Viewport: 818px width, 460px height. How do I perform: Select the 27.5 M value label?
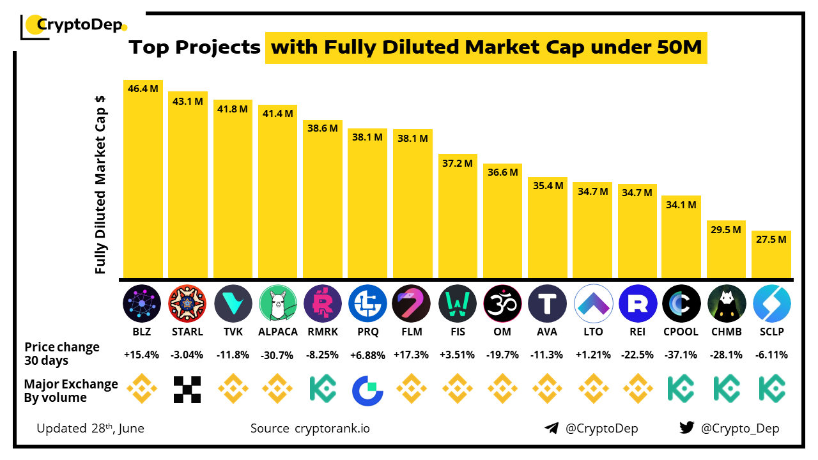(x=771, y=239)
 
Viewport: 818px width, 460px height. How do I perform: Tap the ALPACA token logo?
(x=278, y=303)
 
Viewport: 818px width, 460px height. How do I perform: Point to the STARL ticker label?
(x=188, y=332)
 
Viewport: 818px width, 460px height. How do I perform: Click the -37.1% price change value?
(x=681, y=355)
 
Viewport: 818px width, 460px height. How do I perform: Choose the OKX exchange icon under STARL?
(x=188, y=389)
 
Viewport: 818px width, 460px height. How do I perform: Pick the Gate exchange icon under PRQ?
(x=368, y=389)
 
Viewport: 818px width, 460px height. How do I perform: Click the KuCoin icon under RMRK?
(x=323, y=389)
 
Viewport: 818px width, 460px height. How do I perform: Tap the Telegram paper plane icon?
(x=552, y=428)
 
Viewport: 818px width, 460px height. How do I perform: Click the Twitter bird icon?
(x=687, y=428)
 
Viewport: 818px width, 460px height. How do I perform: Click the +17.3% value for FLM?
(x=413, y=355)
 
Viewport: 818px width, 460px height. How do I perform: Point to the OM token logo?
(x=503, y=303)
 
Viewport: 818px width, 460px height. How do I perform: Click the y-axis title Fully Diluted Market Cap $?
(x=100, y=185)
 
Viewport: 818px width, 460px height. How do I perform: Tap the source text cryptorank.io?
(x=332, y=428)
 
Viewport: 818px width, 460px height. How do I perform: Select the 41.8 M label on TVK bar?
(x=233, y=109)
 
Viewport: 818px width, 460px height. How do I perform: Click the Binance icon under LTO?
(x=593, y=389)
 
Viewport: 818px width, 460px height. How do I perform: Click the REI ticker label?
(x=637, y=332)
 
